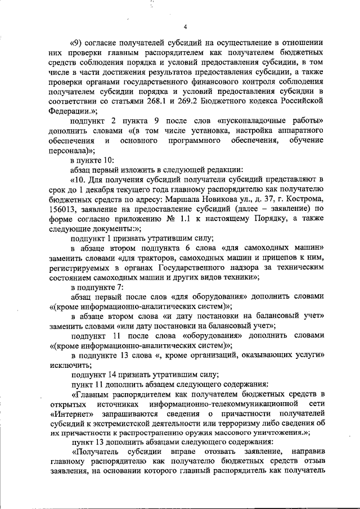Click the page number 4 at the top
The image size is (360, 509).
(184, 27)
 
